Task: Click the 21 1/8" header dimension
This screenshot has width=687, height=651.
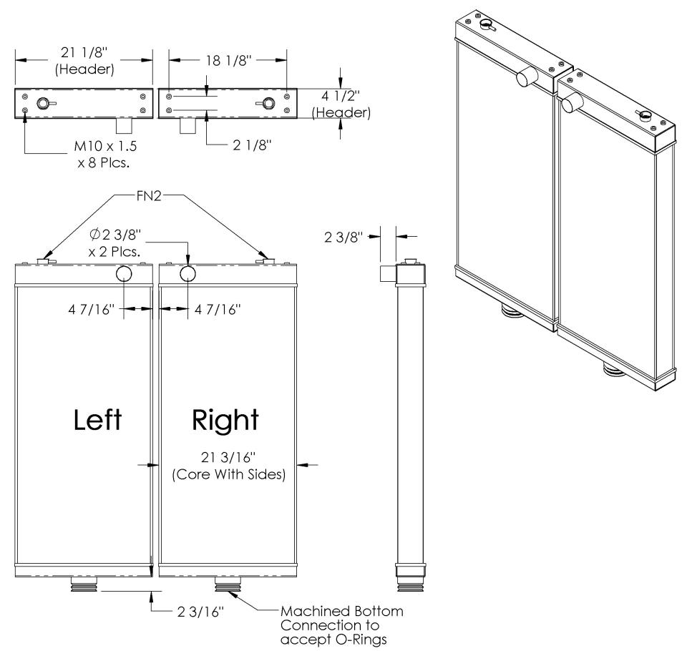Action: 84,61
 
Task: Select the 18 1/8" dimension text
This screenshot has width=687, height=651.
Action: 228,61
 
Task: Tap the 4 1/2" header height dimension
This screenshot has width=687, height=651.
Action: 341,104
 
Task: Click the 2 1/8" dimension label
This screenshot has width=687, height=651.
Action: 252,145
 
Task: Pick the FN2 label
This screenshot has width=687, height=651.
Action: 149,196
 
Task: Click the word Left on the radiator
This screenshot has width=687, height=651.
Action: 97,420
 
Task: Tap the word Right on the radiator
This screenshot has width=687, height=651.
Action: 225,421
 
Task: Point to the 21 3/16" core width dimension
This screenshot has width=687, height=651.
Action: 228,466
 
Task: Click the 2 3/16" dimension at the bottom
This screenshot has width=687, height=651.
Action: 200,612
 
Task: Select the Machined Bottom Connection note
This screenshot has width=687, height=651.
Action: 342,625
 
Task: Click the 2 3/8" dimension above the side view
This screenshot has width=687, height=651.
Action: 343,237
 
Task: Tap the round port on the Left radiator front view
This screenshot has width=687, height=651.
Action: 124,274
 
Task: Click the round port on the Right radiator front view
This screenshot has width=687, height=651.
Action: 187,274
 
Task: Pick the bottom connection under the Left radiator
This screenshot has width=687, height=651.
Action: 84,584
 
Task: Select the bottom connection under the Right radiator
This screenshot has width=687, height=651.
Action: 228,584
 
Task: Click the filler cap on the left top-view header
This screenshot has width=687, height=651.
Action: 44,104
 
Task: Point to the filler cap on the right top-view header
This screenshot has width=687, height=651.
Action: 266,104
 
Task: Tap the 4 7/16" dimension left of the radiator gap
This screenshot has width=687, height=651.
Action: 91,310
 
